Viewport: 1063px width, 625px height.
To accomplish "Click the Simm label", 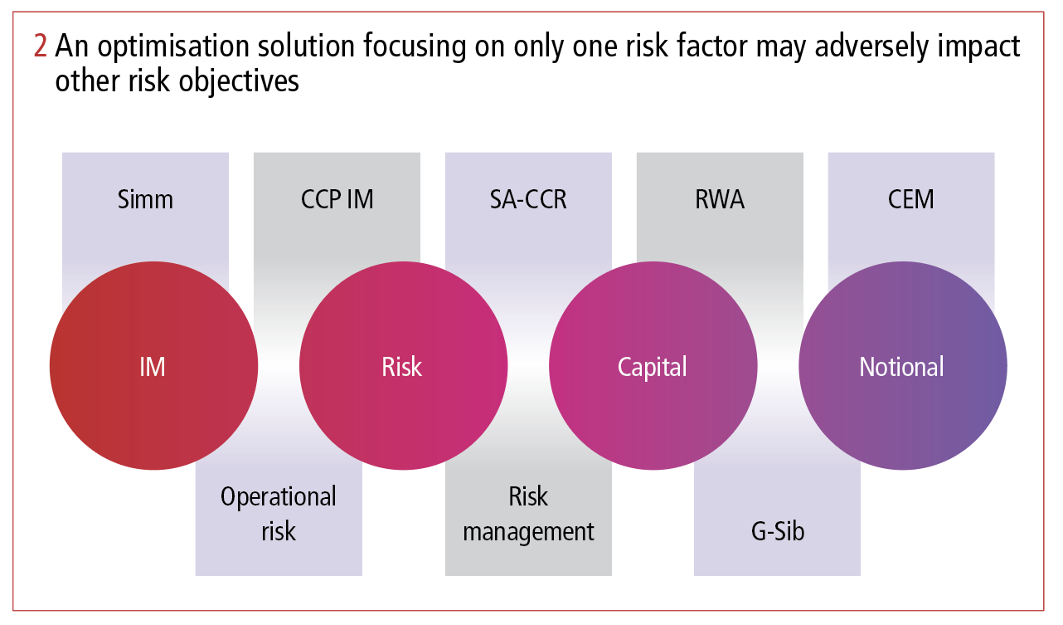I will click(x=145, y=200).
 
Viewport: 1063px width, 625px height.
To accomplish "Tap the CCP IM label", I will click(x=337, y=200).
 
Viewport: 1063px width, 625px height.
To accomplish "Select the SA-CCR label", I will click(x=528, y=200).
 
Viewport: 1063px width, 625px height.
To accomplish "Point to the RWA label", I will click(x=719, y=200).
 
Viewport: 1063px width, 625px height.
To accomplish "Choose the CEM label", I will click(x=910, y=200).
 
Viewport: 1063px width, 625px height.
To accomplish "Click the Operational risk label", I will click(x=279, y=514).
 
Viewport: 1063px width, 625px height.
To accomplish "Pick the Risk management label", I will click(x=528, y=514).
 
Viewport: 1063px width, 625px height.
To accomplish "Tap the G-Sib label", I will click(x=777, y=530).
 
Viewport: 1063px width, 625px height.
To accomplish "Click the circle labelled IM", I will click(x=153, y=366).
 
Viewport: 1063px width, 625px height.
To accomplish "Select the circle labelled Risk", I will click(x=403, y=366).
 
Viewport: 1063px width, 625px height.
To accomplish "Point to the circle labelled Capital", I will click(x=653, y=366).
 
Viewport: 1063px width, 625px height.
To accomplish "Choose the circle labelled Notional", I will click(x=902, y=366).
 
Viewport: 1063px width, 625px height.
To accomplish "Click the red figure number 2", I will click(x=41, y=46).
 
